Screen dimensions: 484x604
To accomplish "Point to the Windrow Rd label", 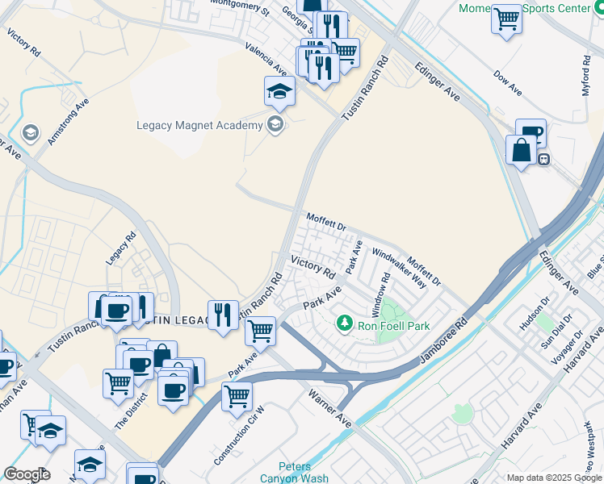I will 380,294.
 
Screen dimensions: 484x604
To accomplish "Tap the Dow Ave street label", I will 508,82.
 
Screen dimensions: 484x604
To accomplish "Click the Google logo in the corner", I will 27,474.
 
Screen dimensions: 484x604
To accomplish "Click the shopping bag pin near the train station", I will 521,150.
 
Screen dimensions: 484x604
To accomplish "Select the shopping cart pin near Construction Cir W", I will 237,395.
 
